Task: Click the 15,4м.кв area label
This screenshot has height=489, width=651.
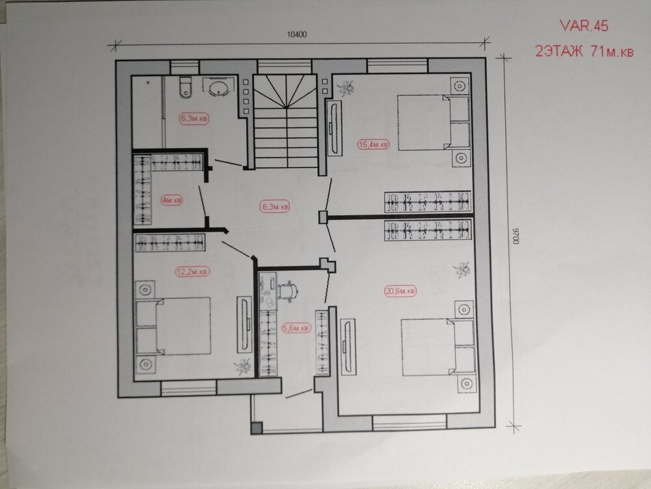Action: click(x=373, y=144)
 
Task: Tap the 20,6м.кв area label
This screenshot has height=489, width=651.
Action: click(x=400, y=291)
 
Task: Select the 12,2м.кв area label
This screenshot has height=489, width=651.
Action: click(x=192, y=271)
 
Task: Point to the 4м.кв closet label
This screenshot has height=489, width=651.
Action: click(x=172, y=200)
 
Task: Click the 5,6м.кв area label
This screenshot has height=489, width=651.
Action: click(x=296, y=328)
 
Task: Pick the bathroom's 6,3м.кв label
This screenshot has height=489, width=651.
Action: click(x=194, y=119)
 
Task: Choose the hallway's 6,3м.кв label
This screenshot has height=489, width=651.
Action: click(x=275, y=206)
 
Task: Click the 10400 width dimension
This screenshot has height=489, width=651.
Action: click(x=297, y=35)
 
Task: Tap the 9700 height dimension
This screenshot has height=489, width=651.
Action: click(x=516, y=235)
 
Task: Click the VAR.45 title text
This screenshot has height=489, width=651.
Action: click(x=584, y=26)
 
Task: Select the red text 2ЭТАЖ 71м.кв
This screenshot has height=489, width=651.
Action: click(x=584, y=51)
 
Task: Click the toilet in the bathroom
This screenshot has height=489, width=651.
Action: click(x=186, y=87)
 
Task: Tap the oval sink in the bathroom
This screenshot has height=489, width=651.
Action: click(x=218, y=88)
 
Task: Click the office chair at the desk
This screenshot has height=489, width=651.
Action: click(x=288, y=290)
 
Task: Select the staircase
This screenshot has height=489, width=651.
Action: click(x=286, y=121)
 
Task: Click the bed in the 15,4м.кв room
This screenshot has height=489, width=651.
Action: click(x=433, y=123)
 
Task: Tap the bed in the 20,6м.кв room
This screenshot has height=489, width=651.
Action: click(x=438, y=348)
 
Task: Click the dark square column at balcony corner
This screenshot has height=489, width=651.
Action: click(x=256, y=428)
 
